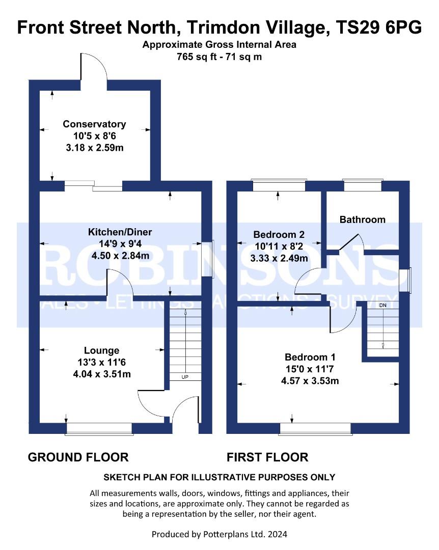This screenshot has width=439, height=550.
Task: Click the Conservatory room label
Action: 94,124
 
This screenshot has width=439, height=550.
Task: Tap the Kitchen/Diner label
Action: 120,232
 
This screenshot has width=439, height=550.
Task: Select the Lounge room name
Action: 102,350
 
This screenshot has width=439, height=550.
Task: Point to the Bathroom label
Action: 363,219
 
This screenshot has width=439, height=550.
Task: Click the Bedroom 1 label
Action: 310,357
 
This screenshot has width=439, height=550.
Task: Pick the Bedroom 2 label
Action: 279,234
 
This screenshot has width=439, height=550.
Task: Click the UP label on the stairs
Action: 185,377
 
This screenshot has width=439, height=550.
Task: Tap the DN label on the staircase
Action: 382,306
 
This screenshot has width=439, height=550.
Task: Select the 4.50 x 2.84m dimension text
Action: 120,256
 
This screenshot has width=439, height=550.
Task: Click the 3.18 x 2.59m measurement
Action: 95,148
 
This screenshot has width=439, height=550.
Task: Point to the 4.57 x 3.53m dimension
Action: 310,381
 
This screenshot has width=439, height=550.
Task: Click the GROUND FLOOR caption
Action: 78,457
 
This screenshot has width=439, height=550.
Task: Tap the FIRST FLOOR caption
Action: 267,457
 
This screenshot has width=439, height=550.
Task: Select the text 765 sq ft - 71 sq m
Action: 220,57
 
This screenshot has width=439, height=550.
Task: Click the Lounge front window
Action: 99,429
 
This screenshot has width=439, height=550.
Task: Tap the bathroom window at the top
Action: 363,185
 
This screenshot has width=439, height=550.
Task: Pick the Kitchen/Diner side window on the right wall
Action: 208,260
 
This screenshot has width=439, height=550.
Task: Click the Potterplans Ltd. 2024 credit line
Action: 220,534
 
